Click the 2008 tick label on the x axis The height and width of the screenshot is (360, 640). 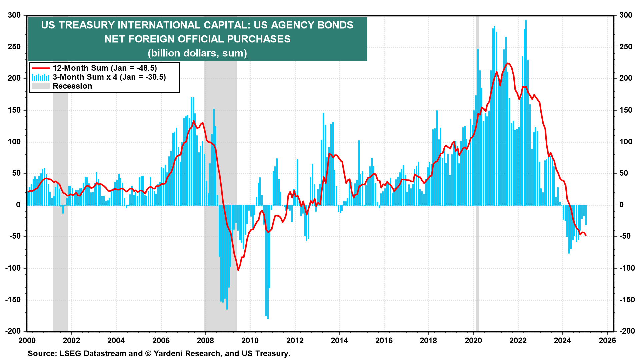(205, 340)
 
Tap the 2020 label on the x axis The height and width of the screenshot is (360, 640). (473, 340)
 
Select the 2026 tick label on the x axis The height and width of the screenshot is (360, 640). (607, 340)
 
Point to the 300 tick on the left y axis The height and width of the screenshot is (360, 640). (14, 15)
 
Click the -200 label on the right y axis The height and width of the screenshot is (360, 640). (627, 331)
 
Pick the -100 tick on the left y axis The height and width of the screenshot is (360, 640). (13, 268)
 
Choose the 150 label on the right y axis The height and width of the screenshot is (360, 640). (626, 110)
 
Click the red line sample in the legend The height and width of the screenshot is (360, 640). (40, 68)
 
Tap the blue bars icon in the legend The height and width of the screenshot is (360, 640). (40, 77)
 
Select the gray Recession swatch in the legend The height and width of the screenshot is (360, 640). (40, 86)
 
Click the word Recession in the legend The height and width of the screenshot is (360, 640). (72, 86)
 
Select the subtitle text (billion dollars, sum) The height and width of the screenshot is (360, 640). (197, 53)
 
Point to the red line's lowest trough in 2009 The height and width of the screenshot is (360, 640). (238, 270)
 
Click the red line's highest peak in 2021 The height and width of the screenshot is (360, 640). (508, 63)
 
